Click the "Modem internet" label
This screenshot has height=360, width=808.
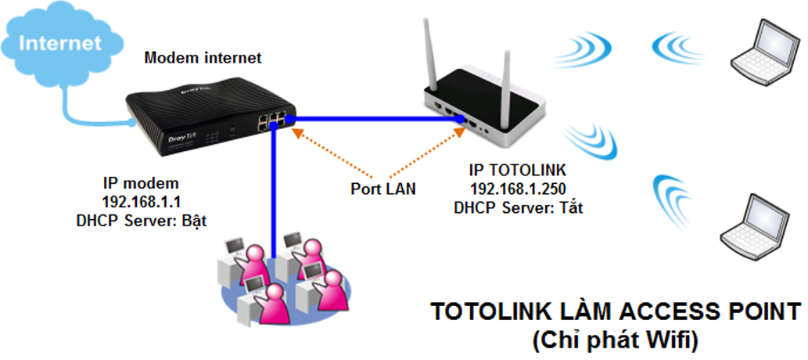click(x=203, y=58)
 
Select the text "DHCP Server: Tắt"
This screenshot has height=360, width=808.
click(x=516, y=207)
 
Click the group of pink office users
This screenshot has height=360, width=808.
click(x=282, y=278)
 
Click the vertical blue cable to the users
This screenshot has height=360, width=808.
click(x=275, y=188)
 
